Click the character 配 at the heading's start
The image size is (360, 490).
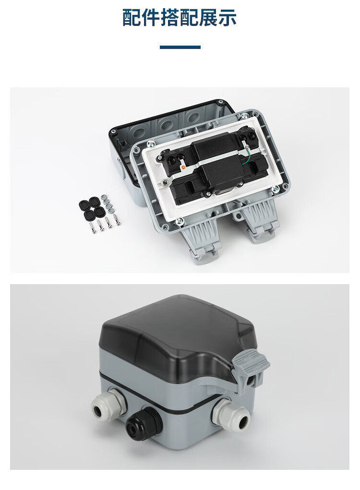coord(132,18)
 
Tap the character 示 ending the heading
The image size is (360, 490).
coord(227,18)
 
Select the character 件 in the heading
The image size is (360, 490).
coord(151,18)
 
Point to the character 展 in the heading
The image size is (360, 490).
coord(208,18)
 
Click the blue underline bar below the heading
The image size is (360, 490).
coord(180,47)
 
